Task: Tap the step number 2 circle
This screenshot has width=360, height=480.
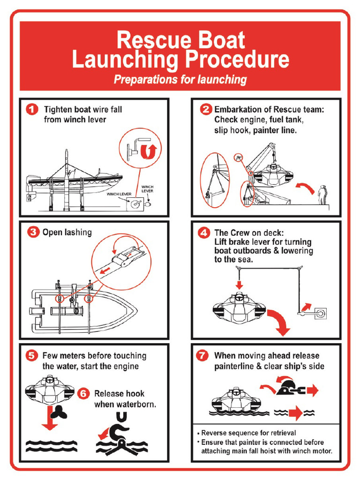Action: tap(205, 110)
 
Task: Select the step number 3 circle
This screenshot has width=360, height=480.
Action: tap(32, 232)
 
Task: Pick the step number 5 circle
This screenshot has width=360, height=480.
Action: tap(32, 355)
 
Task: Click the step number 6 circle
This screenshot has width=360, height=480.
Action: tap(83, 394)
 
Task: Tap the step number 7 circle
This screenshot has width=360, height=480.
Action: tap(202, 355)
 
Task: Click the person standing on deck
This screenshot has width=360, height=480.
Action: tap(322, 195)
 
